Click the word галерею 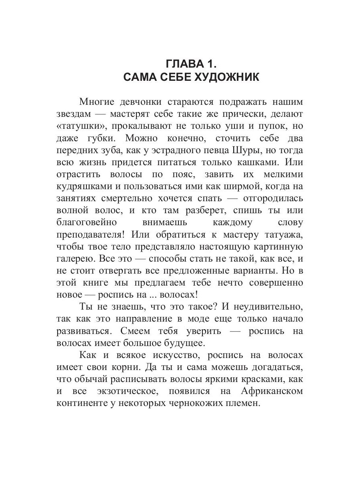click(x=75, y=258)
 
